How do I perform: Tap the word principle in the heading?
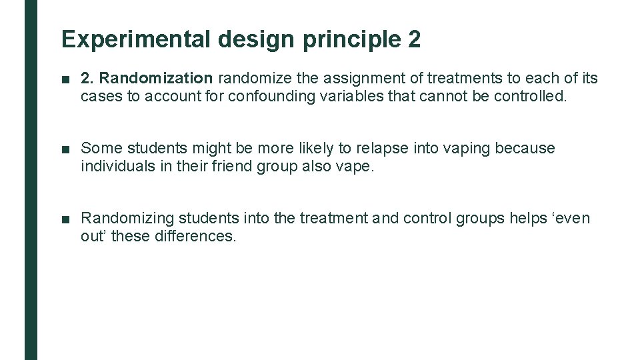click(350, 40)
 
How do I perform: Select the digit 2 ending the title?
click(414, 40)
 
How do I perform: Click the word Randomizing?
click(123, 218)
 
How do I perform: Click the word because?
click(525, 148)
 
